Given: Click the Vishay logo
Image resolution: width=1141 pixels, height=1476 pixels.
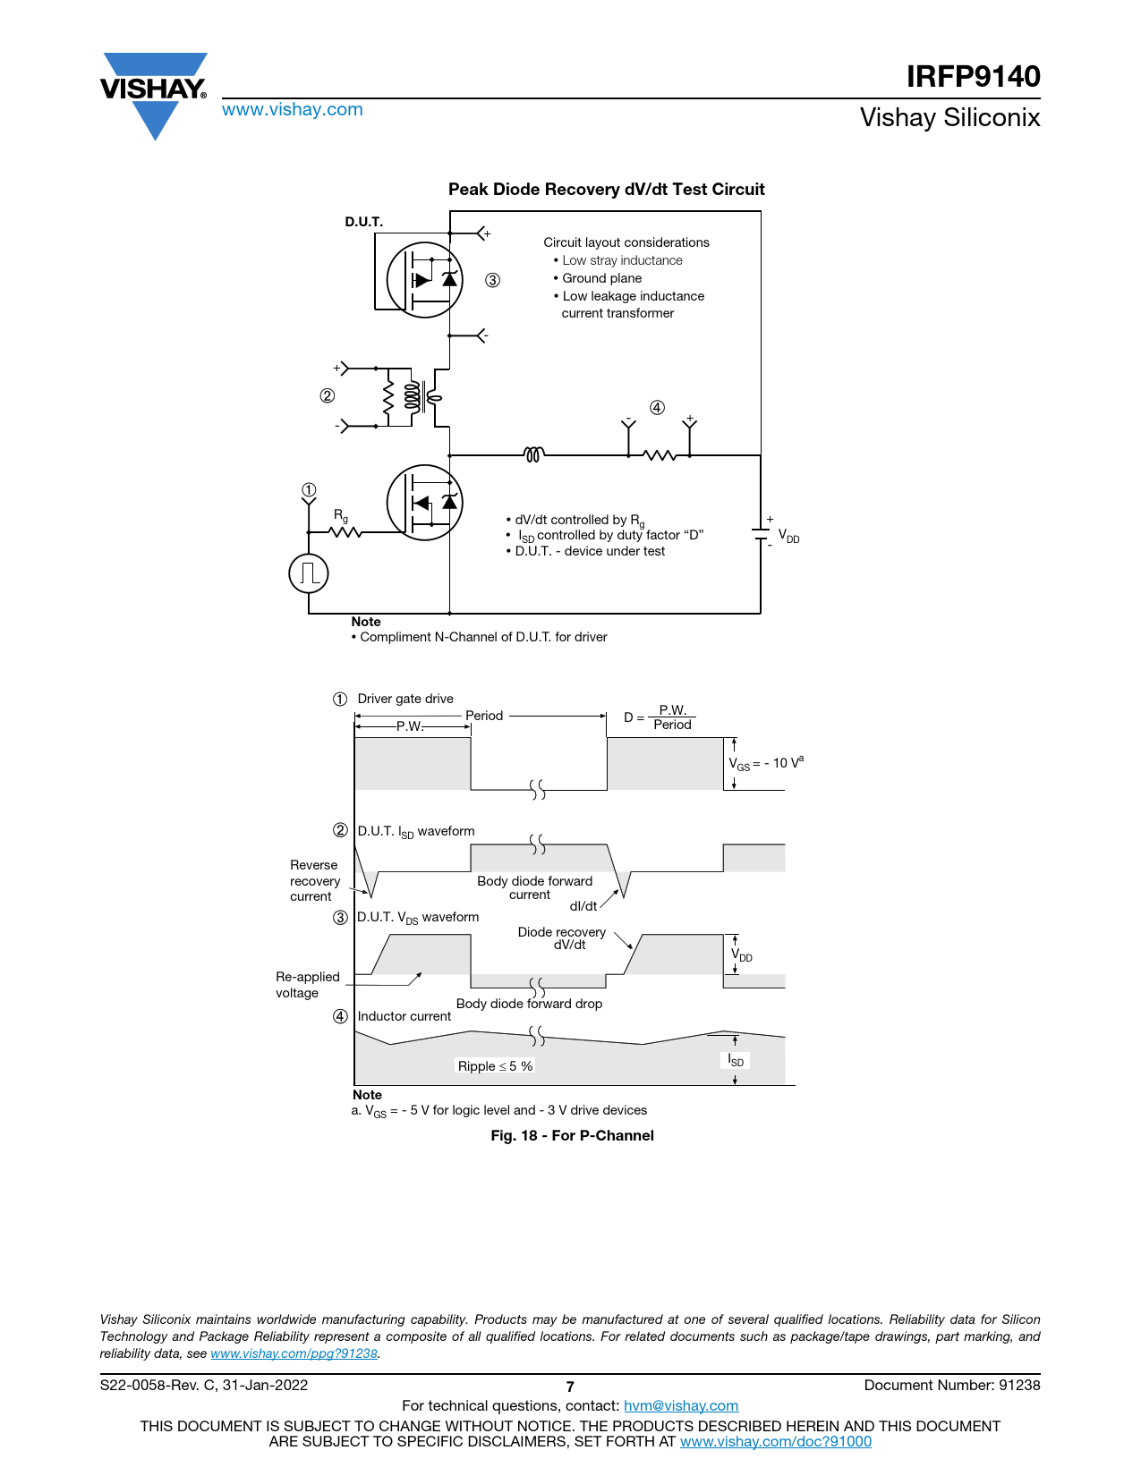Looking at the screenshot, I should (154, 91).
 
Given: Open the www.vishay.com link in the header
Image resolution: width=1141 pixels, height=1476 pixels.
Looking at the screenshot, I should (292, 109).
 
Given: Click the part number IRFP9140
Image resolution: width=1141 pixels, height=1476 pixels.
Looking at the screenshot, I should (973, 77).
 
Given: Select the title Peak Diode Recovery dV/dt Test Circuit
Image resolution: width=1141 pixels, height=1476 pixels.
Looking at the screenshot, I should (606, 190).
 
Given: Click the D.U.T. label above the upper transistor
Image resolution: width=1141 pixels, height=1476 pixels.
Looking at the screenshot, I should (363, 222).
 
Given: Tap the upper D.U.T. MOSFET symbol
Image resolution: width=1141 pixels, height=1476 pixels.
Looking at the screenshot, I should (424, 280).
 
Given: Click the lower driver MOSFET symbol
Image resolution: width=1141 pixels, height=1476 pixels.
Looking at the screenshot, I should (424, 503).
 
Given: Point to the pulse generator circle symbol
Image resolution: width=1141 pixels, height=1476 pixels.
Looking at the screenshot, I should (309, 573).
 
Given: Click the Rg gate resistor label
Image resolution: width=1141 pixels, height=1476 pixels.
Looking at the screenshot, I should (341, 516).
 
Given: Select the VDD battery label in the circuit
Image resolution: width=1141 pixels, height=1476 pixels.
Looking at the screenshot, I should (788, 536).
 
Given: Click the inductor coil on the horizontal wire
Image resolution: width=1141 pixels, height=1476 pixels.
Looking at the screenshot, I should (533, 455).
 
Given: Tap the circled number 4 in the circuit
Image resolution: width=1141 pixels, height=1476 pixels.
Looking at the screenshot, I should (657, 408).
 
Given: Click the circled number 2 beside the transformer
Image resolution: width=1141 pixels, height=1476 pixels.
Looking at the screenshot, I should (328, 395).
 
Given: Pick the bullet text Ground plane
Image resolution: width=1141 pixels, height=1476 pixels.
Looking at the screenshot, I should (601, 278).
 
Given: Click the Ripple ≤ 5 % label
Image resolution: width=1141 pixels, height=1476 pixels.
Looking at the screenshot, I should (495, 1066).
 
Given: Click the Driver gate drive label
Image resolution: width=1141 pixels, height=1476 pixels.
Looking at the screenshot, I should (405, 699).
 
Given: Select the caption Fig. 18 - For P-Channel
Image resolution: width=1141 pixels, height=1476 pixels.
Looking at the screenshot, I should (572, 1135).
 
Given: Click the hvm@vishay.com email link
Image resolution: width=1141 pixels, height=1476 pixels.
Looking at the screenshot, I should (680, 1405).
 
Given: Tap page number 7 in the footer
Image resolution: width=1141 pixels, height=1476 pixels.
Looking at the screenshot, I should (570, 1387).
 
